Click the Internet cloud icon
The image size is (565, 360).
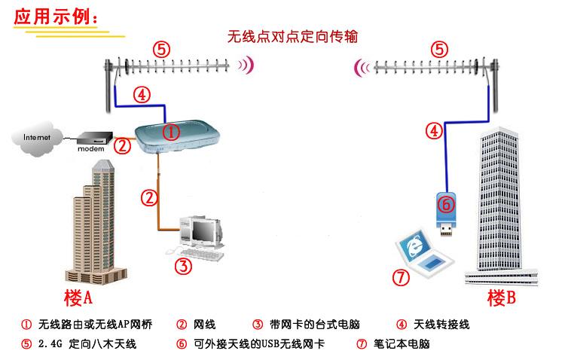(35, 139)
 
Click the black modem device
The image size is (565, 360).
(95, 139)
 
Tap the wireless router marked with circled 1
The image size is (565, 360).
(177, 136)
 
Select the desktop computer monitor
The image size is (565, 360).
(204, 231)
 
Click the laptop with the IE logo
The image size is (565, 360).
(423, 252)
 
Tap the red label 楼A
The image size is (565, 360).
(78, 297)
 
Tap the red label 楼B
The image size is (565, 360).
(501, 297)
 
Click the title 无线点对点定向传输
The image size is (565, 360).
(292, 36)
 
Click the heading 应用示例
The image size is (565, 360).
(56, 17)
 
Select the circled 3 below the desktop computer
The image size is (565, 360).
(183, 267)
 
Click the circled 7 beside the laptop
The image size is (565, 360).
(401, 277)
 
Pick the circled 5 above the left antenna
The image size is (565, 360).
(161, 50)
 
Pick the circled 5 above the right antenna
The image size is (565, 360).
(439, 50)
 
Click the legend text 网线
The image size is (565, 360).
(204, 325)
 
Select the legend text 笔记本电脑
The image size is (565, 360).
(402, 344)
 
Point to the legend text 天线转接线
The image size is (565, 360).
(441, 325)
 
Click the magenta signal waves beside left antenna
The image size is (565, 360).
(246, 66)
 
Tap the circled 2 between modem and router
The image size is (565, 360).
(122, 146)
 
